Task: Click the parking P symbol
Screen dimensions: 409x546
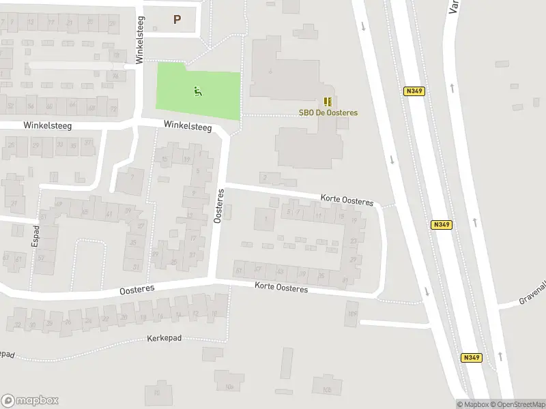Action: click(x=177, y=20)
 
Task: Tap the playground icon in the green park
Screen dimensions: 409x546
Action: click(x=198, y=91)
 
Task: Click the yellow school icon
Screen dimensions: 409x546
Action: click(x=328, y=102)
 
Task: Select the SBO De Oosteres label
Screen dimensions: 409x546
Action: click(x=328, y=113)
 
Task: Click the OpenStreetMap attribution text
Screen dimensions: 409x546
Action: click(x=517, y=404)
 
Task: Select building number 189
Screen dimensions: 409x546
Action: click(x=352, y=314)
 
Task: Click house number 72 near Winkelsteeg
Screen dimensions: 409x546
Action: click(x=113, y=109)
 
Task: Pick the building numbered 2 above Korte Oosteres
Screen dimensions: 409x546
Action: click(x=264, y=178)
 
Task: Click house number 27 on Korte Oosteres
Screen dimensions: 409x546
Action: click(x=353, y=259)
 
